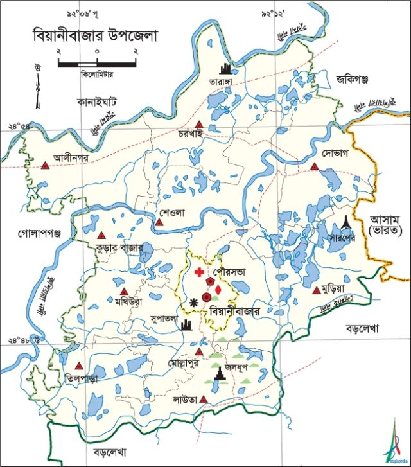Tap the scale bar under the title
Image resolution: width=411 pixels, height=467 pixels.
[97, 63]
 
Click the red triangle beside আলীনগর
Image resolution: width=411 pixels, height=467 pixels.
[45, 165]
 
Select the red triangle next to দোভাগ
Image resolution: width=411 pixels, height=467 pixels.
[315, 166]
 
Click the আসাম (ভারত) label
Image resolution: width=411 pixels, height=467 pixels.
[386, 224]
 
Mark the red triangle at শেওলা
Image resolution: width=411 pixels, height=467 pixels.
[159, 223]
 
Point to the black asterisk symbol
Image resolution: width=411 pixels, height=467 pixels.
[194, 301]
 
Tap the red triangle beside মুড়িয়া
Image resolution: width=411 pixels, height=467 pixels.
[316, 290]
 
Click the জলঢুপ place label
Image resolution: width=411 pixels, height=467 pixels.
[249, 367]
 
